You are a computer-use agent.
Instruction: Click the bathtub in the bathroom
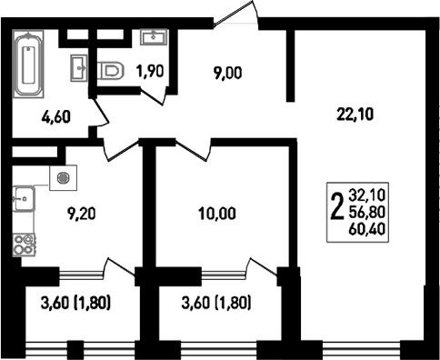tap(28, 64)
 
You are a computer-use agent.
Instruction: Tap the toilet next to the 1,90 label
tap(111, 72)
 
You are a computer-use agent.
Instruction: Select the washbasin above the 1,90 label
tap(154, 37)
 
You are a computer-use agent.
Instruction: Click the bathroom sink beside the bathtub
tap(79, 68)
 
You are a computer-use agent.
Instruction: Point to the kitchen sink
tap(24, 199)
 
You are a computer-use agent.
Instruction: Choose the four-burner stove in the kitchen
tap(24, 245)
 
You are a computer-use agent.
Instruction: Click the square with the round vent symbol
tap(63, 178)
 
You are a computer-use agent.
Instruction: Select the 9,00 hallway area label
tap(227, 74)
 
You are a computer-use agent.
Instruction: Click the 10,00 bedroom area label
tap(217, 214)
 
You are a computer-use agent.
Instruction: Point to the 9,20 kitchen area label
tap(81, 214)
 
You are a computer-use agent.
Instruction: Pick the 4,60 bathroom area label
tap(56, 117)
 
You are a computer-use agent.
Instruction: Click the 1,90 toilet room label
tap(150, 72)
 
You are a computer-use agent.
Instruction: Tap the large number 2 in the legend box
tap(337, 207)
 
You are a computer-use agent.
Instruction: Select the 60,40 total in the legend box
tap(367, 229)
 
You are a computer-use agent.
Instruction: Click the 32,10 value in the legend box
tap(367, 195)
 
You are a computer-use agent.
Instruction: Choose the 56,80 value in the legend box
tap(367, 212)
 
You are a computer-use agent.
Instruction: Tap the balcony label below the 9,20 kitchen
tap(75, 304)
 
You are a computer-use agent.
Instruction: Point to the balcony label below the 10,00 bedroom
tap(216, 304)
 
